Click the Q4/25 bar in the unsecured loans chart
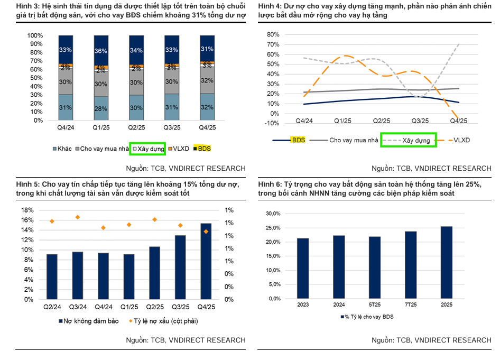[x=206, y=261]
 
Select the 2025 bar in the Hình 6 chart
[x=447, y=262]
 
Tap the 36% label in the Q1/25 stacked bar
[x=100, y=51]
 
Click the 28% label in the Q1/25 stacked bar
[x=100, y=108]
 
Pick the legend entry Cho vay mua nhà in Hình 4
[x=353, y=140]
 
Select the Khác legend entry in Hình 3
[x=63, y=149]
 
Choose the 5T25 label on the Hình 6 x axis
[x=375, y=305]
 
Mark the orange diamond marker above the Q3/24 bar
[x=78, y=217]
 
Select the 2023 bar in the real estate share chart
[x=303, y=268]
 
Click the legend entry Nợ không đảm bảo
[x=79, y=321]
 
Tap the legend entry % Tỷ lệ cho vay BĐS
[x=368, y=317]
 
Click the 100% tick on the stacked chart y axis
[x=35, y=35]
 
